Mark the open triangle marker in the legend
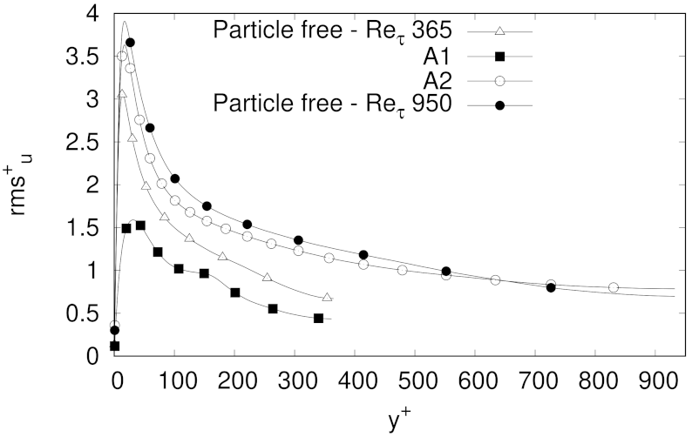pyautogui.click(x=499, y=32)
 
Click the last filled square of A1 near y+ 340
pyautogui.click(x=318, y=319)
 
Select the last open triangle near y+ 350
pyautogui.click(x=327, y=298)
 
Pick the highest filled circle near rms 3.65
pyautogui.click(x=130, y=43)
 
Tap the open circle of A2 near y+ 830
pyautogui.click(x=613, y=287)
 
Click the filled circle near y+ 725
pyautogui.click(x=550, y=287)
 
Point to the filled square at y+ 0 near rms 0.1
pyautogui.click(x=115, y=346)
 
